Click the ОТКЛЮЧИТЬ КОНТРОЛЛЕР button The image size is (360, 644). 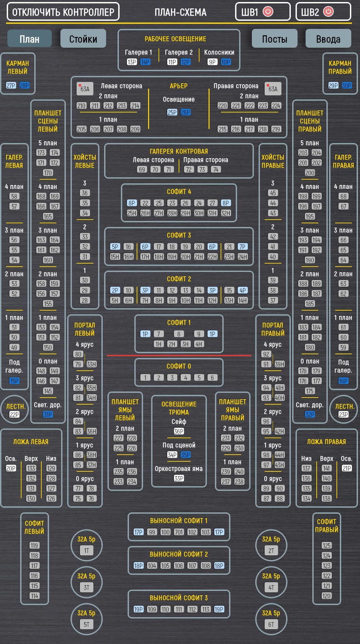tap(63, 12)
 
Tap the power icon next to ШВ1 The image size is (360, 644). tap(268, 12)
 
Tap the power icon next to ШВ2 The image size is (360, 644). tap(328, 12)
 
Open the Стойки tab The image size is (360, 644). tap(83, 39)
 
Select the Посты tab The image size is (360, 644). tap(274, 39)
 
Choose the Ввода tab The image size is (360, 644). tap(328, 39)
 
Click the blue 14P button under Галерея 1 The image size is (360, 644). tap(145, 62)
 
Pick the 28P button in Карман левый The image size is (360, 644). tap(24, 86)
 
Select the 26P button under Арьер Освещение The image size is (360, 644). tap(185, 112)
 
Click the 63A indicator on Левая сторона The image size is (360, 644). tap(85, 89)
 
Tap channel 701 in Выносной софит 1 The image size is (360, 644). tap(179, 532)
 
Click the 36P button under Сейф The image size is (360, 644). tap(179, 431)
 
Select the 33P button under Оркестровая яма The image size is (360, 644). tap(179, 478)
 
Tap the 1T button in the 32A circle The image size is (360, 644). tap(86, 551)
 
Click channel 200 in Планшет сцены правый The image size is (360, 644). tap(310, 173)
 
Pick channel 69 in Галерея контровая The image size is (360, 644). tap(142, 170)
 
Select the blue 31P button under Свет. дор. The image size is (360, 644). tap(48, 415)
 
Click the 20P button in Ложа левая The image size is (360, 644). tap(11, 468)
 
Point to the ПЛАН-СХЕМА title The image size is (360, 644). tap(180, 12)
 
